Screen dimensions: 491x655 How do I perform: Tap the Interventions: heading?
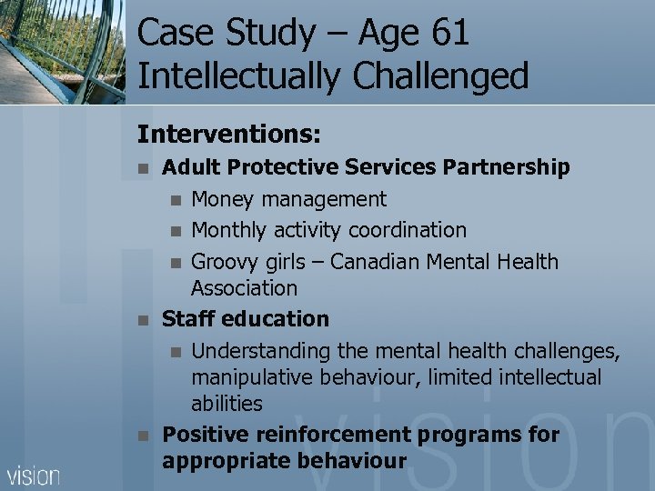pos(228,135)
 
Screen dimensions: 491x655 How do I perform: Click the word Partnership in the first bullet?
pos(507,167)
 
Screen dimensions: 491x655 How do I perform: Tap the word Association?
pos(244,288)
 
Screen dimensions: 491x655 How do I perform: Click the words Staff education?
pos(245,319)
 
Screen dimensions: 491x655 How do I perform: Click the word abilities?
pos(227,403)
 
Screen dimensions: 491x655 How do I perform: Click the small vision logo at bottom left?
pos(34,475)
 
